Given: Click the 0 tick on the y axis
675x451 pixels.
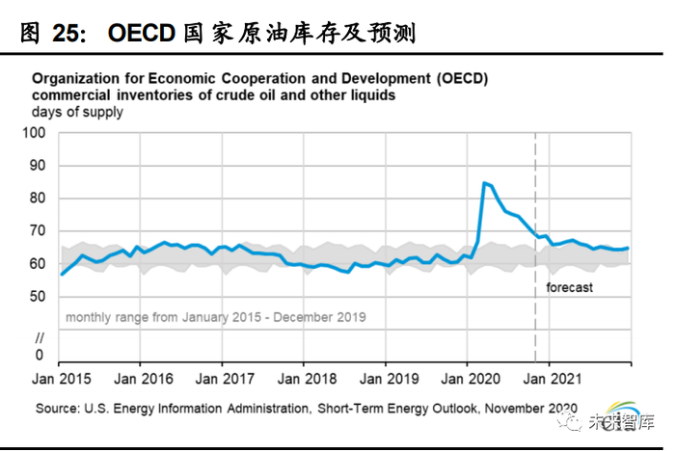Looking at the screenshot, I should pos(40,355).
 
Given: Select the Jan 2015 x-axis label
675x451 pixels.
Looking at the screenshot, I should pos(60,378).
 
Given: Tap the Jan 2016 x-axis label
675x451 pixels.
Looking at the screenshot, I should pos(141,378).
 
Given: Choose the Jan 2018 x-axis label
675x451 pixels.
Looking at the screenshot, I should pos(305,378).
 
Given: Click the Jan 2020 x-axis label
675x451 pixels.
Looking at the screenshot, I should pos(468,378).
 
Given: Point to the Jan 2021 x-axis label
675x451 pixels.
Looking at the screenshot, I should pos(550,378).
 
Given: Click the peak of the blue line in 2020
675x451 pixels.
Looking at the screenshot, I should pos(483,181).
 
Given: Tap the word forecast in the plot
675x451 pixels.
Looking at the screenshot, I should pos(569,287).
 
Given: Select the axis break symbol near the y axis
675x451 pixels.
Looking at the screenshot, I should pos(40,337).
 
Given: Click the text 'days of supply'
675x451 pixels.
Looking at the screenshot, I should pos(76,112).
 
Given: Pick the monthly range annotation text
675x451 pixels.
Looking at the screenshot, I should pos(215,316).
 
